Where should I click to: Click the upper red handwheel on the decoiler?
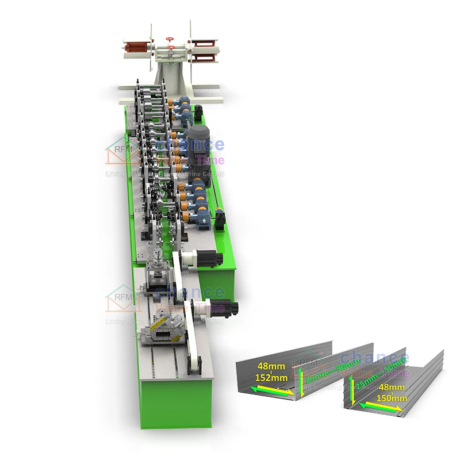(x=170, y=39)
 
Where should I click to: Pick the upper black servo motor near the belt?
(x=209, y=259)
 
